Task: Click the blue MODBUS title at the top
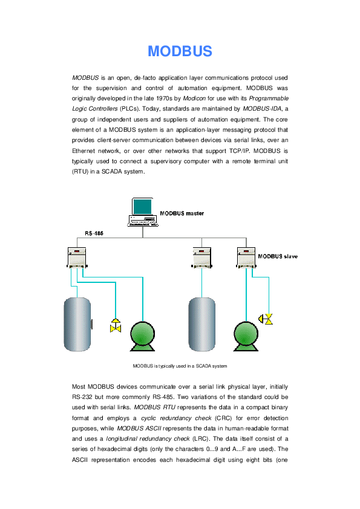[180, 51]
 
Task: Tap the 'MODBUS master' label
[182, 213]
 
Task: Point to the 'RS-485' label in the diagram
[94, 233]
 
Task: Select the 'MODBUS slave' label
[278, 256]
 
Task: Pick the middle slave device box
[201, 256]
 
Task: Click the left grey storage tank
[77, 324]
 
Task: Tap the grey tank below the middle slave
[201, 324]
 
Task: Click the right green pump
[246, 336]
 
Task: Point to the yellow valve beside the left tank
[115, 325]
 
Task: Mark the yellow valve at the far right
[266, 319]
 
